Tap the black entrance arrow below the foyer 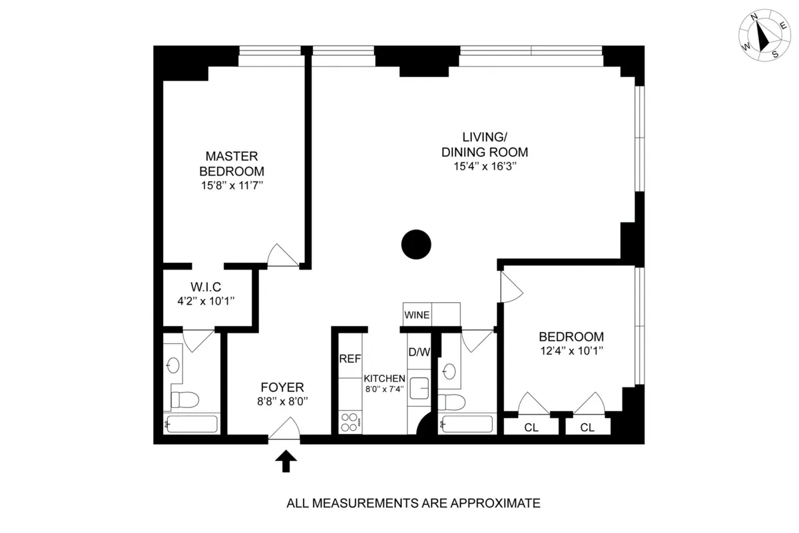point(286,461)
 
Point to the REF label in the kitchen point(350,359)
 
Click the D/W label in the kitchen point(419,352)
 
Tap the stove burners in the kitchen point(350,421)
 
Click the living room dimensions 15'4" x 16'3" point(485,167)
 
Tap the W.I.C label point(206,287)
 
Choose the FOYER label point(282,387)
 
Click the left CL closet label point(531,428)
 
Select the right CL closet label point(587,428)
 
